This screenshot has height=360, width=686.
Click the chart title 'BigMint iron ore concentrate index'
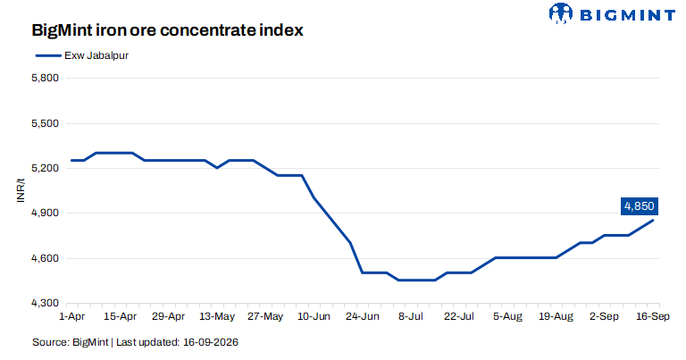pos(167,30)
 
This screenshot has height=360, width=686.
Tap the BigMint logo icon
pos(560,13)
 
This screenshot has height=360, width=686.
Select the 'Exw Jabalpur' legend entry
pos(82,55)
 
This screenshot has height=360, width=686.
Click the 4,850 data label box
pos(640,206)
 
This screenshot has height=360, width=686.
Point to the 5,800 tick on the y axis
pos(45,79)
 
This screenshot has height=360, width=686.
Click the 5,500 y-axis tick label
pos(45,123)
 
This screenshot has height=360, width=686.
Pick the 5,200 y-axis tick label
pos(45,169)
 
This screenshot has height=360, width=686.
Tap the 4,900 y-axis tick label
pos(45,213)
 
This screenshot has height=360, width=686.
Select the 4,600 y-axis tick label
pos(45,258)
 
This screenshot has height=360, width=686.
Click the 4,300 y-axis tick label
pos(45,303)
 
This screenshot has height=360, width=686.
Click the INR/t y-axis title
pos(21,190)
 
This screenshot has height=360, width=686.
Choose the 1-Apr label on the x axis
pos(71,316)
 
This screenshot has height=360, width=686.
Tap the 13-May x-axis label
pos(217,316)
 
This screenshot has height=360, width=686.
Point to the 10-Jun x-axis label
pos(314,316)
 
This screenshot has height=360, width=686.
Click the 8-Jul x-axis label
pos(410,316)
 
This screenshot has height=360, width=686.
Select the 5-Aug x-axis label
pos(507,316)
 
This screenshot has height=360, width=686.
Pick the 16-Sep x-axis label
pos(652,316)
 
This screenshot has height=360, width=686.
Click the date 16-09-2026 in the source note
pos(211,342)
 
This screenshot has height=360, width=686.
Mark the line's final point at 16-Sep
pos(653,220)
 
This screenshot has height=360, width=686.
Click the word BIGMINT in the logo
pos(627,15)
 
